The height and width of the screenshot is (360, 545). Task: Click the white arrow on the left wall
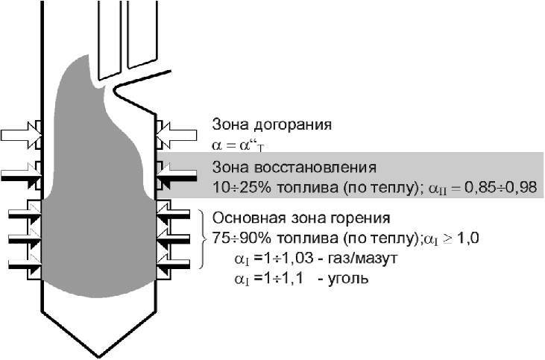(20, 135)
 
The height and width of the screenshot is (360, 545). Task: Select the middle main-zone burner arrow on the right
(177, 240)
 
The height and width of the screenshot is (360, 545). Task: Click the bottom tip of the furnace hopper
(98, 353)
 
